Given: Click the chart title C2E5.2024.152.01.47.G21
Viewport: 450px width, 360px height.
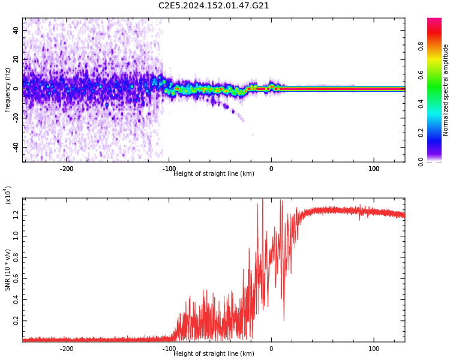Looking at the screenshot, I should click(x=214, y=6).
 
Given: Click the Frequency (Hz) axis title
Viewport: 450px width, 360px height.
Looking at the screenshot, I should click(x=8, y=90).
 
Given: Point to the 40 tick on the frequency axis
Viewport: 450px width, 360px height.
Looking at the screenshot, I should click(x=16, y=30).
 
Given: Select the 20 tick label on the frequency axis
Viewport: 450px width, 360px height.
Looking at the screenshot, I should click(x=16, y=59).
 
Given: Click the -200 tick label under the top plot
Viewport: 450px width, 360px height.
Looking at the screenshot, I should click(x=66, y=169).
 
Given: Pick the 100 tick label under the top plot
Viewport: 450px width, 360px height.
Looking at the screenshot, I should click(x=374, y=169).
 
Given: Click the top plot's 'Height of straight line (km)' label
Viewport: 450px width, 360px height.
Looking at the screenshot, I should click(x=214, y=174).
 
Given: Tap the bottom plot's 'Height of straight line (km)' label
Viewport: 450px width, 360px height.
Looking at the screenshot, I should click(x=214, y=354).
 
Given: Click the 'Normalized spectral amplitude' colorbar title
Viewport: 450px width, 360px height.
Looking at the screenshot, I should click(x=446, y=90).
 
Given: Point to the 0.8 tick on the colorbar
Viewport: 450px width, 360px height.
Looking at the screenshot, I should click(x=421, y=46).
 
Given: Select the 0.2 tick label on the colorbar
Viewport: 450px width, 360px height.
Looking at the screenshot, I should click(x=421, y=133).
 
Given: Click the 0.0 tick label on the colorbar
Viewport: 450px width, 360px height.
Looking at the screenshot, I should click(x=421, y=161).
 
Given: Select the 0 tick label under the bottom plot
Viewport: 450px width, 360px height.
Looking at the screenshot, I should click(x=271, y=349).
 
